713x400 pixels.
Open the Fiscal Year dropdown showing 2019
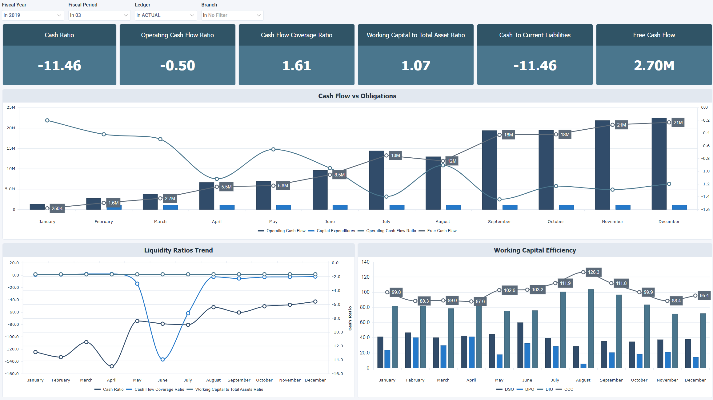[x=33, y=15]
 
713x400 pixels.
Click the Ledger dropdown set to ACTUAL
[x=166, y=15]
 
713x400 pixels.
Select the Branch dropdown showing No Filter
[x=232, y=15]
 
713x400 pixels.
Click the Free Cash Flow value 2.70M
[x=654, y=66]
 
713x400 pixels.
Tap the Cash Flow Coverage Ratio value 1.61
[x=296, y=66]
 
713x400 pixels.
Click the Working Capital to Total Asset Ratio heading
[x=415, y=35]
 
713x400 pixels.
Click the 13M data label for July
[x=395, y=156]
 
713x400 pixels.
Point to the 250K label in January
[x=57, y=208]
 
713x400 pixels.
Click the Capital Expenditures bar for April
[x=227, y=207]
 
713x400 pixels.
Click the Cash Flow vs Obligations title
[x=357, y=96]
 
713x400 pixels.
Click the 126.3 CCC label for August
[x=593, y=272]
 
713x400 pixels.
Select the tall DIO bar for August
[x=591, y=328]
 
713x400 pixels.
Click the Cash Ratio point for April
[x=112, y=366]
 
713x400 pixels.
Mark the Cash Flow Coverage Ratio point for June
[x=163, y=359]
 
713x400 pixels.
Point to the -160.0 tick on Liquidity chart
[x=12, y=374]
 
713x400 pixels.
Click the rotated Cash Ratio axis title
[x=350, y=318]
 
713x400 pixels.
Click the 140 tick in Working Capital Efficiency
[x=365, y=262]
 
